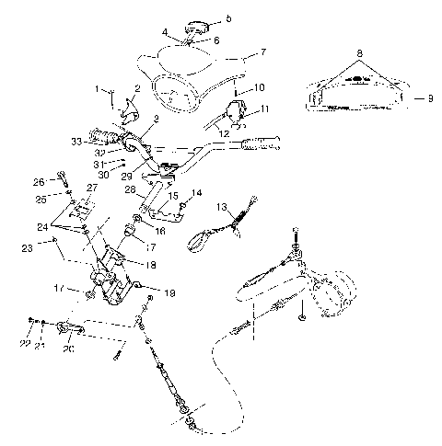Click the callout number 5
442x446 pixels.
click(229, 17)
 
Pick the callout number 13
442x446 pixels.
click(220, 208)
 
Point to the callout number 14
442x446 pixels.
click(197, 193)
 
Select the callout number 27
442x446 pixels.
click(91, 187)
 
